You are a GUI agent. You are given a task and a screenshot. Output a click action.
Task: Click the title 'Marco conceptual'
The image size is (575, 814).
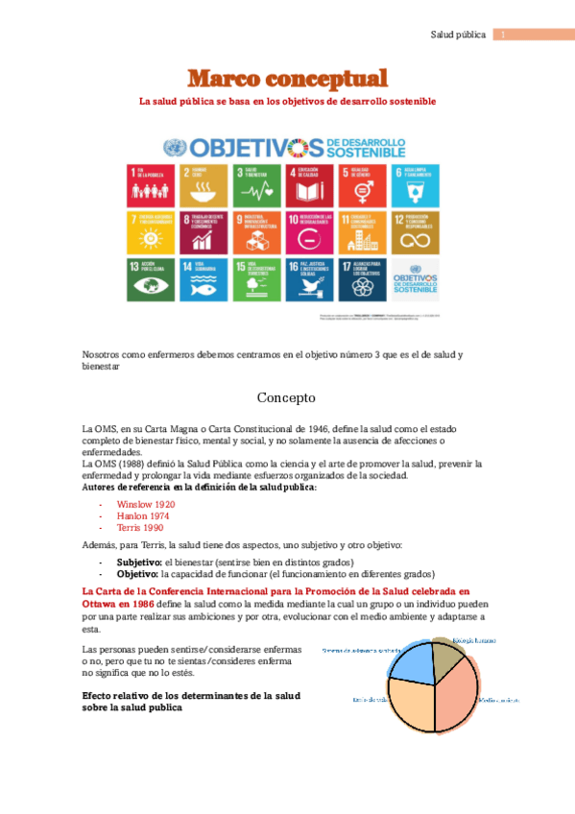point(287,79)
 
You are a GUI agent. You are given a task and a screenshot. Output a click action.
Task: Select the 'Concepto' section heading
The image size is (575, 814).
point(287,396)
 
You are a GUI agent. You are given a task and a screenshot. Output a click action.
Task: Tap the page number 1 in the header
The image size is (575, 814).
point(504,36)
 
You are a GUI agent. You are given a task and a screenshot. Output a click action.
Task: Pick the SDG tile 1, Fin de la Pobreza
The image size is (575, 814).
point(150,185)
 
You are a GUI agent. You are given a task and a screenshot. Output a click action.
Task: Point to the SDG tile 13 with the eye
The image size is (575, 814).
point(150,278)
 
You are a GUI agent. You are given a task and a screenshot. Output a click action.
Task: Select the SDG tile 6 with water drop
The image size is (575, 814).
point(416,185)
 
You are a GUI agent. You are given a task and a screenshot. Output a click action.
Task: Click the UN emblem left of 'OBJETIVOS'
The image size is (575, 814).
point(175,147)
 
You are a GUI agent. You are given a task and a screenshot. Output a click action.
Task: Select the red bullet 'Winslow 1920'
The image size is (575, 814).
point(146,503)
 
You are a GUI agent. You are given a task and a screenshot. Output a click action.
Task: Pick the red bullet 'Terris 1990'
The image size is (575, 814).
point(140,528)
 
